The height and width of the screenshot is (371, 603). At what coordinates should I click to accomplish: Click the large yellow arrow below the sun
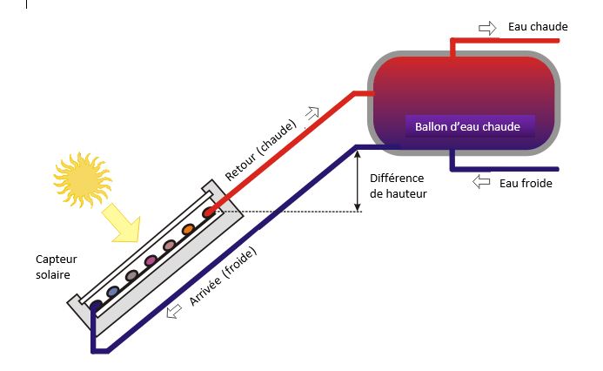(x=123, y=223)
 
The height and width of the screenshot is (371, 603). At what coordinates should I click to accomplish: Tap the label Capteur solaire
(x=53, y=266)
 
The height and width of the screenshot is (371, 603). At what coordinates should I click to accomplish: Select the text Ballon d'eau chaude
(x=467, y=126)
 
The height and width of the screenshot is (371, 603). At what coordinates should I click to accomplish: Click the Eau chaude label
(x=538, y=27)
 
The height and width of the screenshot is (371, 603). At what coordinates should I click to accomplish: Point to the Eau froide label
(x=526, y=183)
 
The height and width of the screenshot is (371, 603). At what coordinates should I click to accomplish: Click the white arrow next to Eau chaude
(x=487, y=27)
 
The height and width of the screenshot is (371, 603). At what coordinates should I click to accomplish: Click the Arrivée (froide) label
(x=224, y=276)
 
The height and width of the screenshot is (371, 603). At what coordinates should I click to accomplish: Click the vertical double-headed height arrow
(x=357, y=179)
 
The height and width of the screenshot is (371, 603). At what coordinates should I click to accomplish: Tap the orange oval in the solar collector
(x=187, y=230)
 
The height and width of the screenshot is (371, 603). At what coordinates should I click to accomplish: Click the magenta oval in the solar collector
(x=150, y=260)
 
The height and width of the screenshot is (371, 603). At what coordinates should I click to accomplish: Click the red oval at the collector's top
(x=208, y=212)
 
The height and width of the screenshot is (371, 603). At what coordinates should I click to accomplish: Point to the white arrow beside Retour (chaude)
(x=311, y=112)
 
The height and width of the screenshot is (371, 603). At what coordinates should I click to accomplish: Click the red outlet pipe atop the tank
(x=452, y=45)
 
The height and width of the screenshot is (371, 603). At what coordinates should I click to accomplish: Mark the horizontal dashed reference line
(x=287, y=211)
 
